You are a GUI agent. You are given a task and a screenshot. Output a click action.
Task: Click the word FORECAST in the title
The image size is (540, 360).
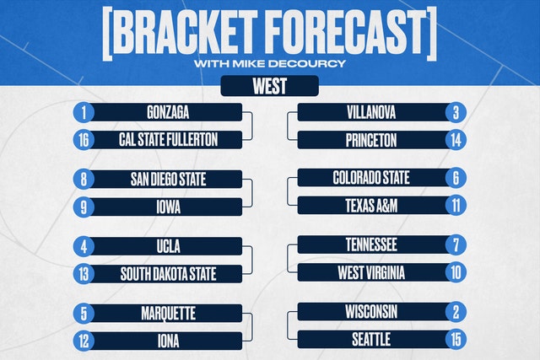[x=345, y=32]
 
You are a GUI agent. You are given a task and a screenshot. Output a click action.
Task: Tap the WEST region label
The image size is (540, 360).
[x=270, y=86]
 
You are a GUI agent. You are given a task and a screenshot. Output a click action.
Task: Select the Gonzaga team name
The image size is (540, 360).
[x=168, y=112]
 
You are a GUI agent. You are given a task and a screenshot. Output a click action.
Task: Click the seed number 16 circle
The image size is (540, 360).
[x=84, y=140]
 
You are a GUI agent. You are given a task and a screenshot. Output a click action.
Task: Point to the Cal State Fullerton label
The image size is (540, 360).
[x=168, y=140]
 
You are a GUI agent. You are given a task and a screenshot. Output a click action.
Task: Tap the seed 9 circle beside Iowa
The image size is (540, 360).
[x=84, y=207]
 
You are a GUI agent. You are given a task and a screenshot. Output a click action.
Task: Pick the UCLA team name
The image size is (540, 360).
[x=168, y=246]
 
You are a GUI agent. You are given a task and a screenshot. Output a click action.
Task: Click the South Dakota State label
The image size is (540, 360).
[x=168, y=274]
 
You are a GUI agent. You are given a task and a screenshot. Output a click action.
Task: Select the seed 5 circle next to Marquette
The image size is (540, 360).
[x=84, y=314]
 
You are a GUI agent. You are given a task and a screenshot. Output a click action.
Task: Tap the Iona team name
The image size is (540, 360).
[x=168, y=341]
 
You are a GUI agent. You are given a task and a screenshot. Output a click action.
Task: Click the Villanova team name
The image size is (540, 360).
[x=371, y=112]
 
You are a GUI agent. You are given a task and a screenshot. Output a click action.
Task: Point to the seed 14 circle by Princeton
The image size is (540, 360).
[x=456, y=140]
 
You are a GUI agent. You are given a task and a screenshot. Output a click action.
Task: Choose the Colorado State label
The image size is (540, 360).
[x=371, y=178]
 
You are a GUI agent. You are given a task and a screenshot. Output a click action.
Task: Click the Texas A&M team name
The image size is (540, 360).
[x=371, y=206]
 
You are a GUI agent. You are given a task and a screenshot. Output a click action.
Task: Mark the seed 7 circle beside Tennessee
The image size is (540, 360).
[x=456, y=245]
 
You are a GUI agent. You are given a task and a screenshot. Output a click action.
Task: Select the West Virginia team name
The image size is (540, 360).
[x=371, y=272]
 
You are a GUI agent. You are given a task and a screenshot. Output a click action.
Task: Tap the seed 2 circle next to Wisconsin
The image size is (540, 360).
[x=456, y=312]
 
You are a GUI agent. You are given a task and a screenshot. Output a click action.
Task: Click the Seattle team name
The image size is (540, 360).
[x=371, y=340]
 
